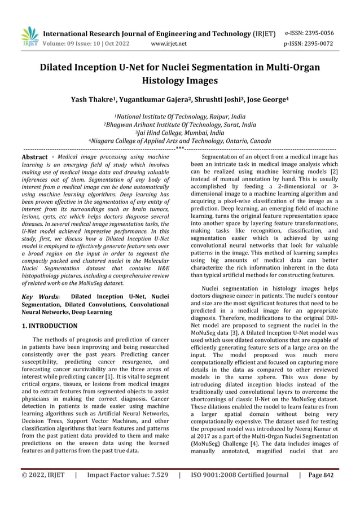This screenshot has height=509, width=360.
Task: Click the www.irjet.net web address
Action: [x=169, y=43]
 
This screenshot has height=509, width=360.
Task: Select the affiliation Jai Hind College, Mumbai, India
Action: [x=181, y=133]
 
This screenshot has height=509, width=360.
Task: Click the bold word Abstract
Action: [x=34, y=157]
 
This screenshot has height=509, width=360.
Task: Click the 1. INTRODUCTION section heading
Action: [x=49, y=326]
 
